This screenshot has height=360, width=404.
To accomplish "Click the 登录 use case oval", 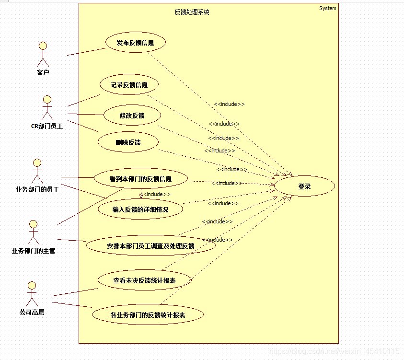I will point(304,186).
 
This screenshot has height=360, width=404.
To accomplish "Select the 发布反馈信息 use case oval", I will point(135,42).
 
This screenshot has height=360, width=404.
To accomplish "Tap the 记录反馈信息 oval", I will point(129,85).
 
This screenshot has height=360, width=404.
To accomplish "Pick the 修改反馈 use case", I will point(132,115).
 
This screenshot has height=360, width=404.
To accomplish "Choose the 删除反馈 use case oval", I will point(128,142).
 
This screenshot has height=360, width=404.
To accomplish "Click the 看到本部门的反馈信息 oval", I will point(140,179).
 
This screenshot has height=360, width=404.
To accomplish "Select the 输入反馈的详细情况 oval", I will point(140,209).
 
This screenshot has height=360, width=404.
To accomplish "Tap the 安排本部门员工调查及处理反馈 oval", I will point(150,245).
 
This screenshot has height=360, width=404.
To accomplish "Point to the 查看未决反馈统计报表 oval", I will point(144,280).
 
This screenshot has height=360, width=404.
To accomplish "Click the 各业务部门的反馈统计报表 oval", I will point(148,315).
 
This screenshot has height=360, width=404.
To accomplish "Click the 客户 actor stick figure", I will point(43,54).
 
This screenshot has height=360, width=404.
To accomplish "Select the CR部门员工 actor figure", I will point(47,107).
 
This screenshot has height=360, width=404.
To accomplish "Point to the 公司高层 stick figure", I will point(32,293).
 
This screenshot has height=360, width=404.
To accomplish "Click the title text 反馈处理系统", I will point(192,12).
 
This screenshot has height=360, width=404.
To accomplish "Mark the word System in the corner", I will point(328,8).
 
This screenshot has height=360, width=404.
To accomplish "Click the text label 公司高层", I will point(32,312).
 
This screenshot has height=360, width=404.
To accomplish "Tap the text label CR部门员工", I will point(47,127).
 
